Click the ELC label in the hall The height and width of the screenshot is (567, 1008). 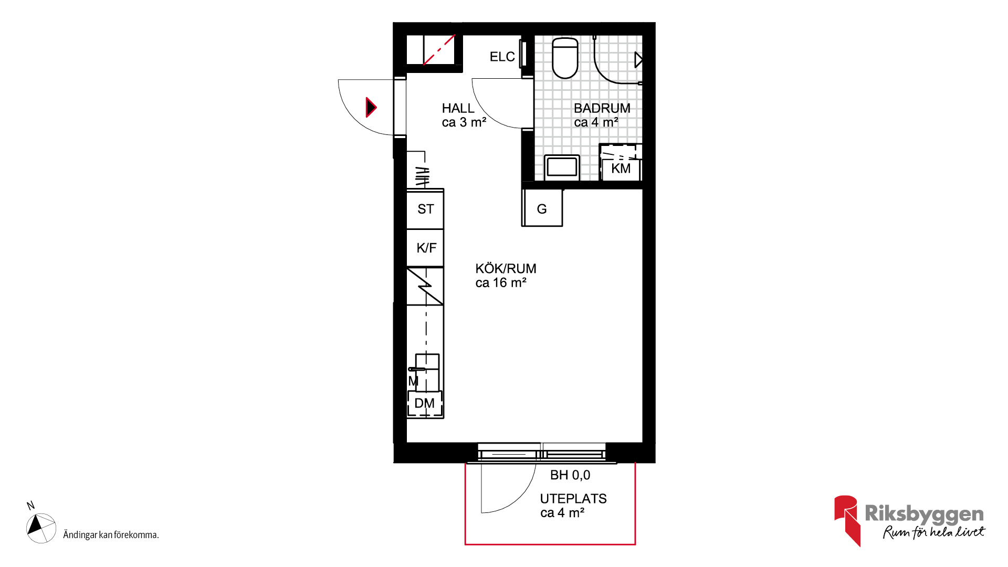(x=502, y=57)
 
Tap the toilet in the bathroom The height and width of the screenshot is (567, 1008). (x=565, y=58)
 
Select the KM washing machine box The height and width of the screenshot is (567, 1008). (x=621, y=163)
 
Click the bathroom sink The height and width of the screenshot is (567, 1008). (x=562, y=167)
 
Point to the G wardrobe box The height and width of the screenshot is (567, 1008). (x=542, y=208)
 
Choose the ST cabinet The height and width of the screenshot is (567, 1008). (x=425, y=209)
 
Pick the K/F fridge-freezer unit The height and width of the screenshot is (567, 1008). (x=425, y=248)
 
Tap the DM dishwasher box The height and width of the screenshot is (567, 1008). (x=425, y=403)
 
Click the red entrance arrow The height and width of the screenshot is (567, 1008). (x=371, y=107)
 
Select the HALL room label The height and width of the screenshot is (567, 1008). (x=458, y=108)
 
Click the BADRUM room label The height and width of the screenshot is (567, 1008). (x=602, y=108)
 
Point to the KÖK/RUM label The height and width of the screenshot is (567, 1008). (x=506, y=269)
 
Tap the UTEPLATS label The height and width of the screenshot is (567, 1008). (x=573, y=499)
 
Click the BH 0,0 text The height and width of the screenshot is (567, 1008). (x=570, y=475)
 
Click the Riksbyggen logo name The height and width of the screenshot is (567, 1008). (x=924, y=513)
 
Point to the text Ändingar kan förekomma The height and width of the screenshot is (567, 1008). (x=111, y=535)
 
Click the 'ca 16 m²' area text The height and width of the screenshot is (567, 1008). (x=501, y=283)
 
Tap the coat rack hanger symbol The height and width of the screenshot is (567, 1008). (x=422, y=176)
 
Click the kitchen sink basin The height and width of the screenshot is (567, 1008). (x=427, y=372)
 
